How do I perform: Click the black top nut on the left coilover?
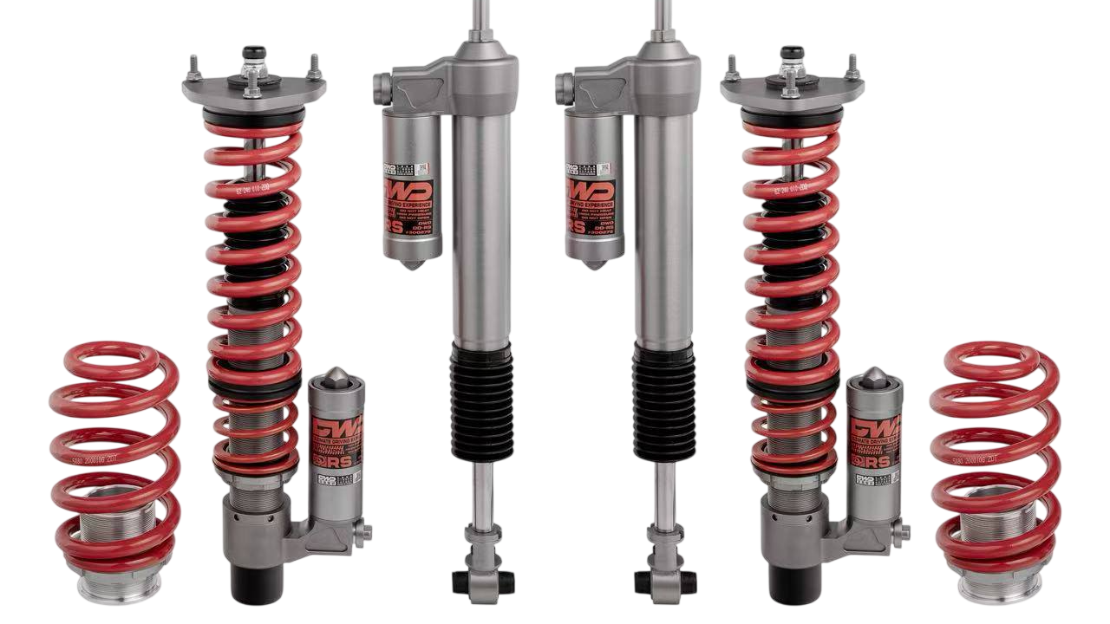[253, 53]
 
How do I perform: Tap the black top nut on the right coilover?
[792, 53]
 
